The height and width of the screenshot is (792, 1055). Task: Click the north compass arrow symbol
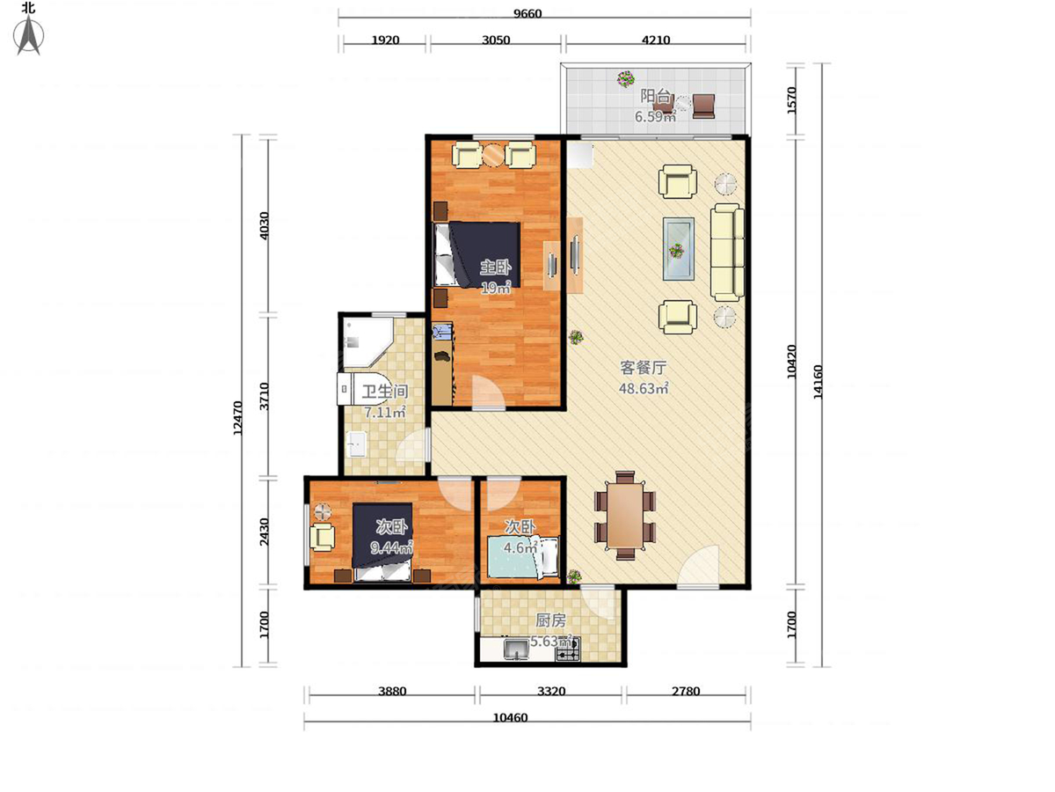click(28, 34)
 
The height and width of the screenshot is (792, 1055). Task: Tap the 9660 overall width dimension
click(527, 13)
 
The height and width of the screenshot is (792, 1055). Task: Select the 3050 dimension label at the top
click(496, 40)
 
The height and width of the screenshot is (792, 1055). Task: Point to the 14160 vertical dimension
click(818, 382)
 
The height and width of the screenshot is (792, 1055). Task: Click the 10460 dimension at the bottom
click(511, 718)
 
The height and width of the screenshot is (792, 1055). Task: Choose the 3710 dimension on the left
click(265, 396)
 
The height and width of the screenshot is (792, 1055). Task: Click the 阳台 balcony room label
click(655, 96)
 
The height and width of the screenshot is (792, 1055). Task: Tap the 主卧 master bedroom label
click(496, 267)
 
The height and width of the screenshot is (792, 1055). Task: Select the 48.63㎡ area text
click(643, 389)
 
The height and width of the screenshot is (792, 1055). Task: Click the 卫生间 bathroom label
click(384, 392)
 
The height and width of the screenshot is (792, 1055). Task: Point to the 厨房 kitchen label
click(550, 620)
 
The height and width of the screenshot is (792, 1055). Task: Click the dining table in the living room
click(625, 516)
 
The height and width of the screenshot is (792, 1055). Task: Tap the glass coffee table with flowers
click(678, 249)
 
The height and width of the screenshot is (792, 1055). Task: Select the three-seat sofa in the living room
click(727, 252)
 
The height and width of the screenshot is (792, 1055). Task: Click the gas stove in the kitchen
click(568, 650)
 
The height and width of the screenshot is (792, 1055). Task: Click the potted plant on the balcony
click(625, 78)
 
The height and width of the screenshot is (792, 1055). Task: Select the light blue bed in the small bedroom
click(523, 557)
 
